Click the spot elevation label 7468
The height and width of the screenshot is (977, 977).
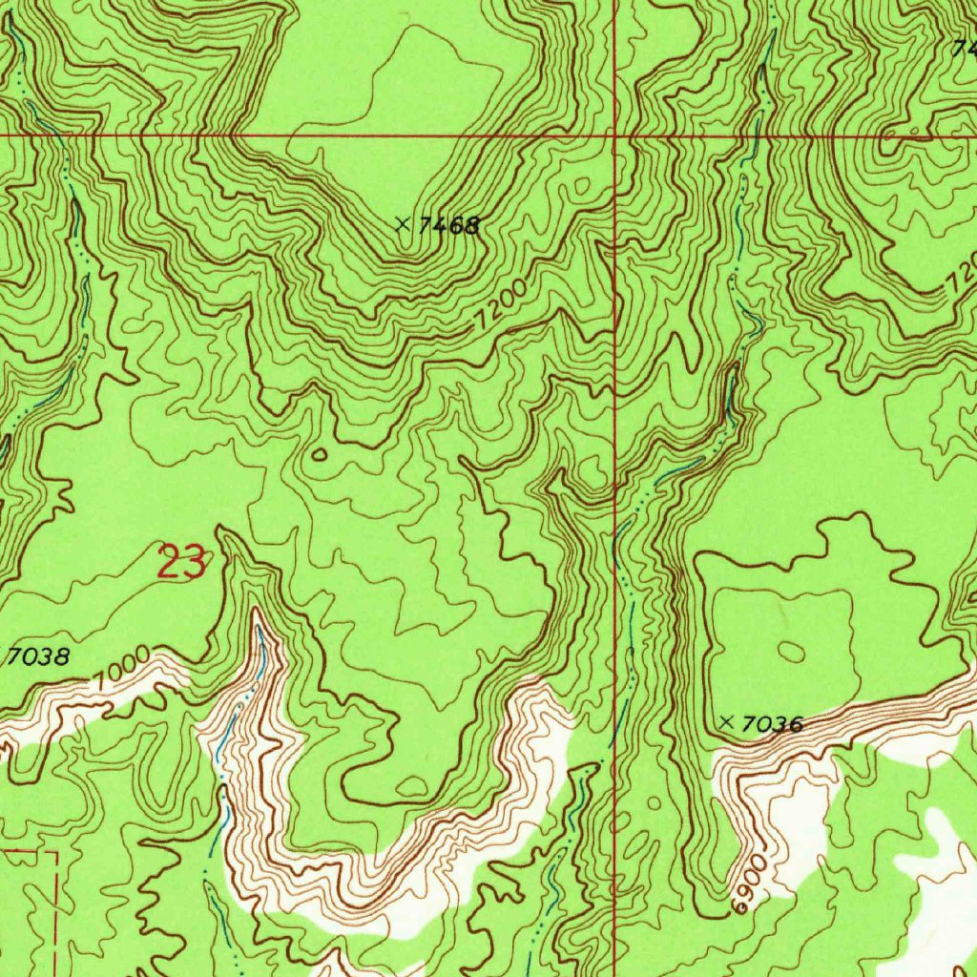447,226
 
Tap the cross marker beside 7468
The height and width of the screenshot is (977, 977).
403,225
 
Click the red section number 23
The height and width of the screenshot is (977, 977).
180,563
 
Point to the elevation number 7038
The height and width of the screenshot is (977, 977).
39,656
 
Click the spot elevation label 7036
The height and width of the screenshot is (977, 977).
771,725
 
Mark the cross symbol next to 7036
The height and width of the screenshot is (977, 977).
727,723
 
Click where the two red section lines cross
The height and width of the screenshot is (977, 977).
615,135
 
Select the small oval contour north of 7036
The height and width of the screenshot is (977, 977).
791,651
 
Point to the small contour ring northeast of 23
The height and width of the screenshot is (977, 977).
319,454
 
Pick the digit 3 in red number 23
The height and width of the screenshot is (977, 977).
193,563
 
